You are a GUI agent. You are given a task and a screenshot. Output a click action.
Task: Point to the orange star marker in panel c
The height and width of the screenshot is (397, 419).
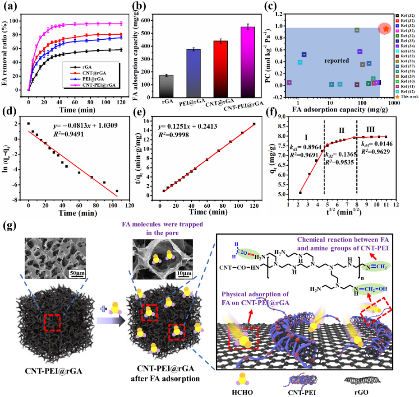point(386,28)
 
